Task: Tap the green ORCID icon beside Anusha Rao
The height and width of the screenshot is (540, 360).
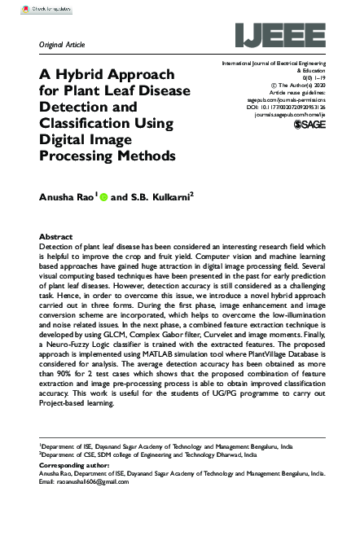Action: pyautogui.click(x=103, y=195)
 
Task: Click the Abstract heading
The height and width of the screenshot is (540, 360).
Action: pyautogui.click(x=55, y=236)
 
